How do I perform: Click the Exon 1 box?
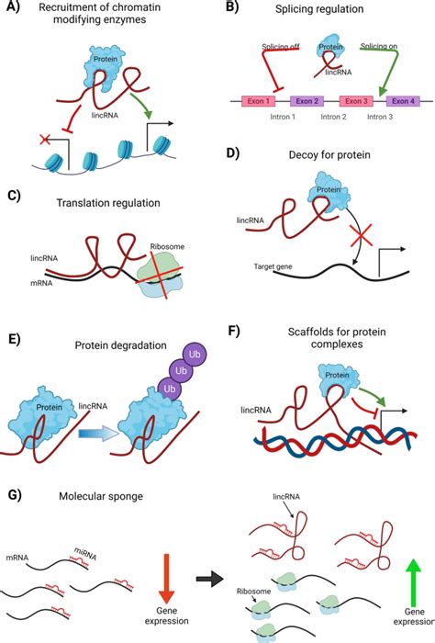tap(262, 102)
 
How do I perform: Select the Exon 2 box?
tap(307, 102)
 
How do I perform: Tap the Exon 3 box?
tap(356, 102)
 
